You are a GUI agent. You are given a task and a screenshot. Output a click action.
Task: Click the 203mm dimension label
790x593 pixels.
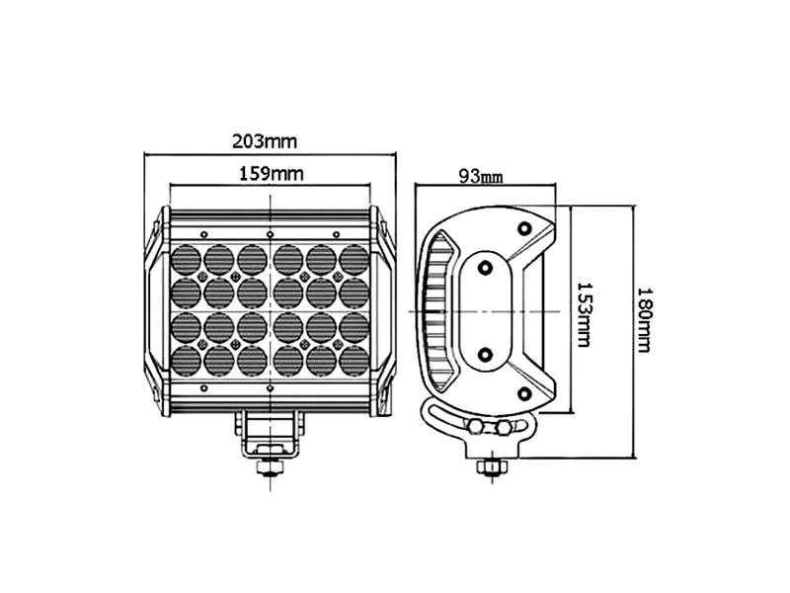click(264, 140)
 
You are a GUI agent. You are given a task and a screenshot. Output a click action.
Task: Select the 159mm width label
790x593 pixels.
click(271, 173)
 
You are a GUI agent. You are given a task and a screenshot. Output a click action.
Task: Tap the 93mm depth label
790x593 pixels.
click(481, 177)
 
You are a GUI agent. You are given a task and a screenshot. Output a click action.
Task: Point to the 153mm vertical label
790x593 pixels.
click(584, 310)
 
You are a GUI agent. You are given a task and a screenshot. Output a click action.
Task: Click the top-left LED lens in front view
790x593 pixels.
click(188, 259)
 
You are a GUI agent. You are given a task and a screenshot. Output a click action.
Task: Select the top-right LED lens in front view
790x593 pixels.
click(353, 259)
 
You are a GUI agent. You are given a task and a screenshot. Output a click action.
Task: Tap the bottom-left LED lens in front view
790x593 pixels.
click(188, 359)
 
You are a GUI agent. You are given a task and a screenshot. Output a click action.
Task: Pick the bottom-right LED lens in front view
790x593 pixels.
click(353, 359)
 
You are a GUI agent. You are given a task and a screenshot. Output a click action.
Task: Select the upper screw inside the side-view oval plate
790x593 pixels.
click(486, 267)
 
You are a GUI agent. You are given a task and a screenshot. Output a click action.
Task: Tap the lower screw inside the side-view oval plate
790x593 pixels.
click(486, 353)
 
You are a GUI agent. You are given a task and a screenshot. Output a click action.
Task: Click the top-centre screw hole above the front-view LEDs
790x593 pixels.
click(270, 233)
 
